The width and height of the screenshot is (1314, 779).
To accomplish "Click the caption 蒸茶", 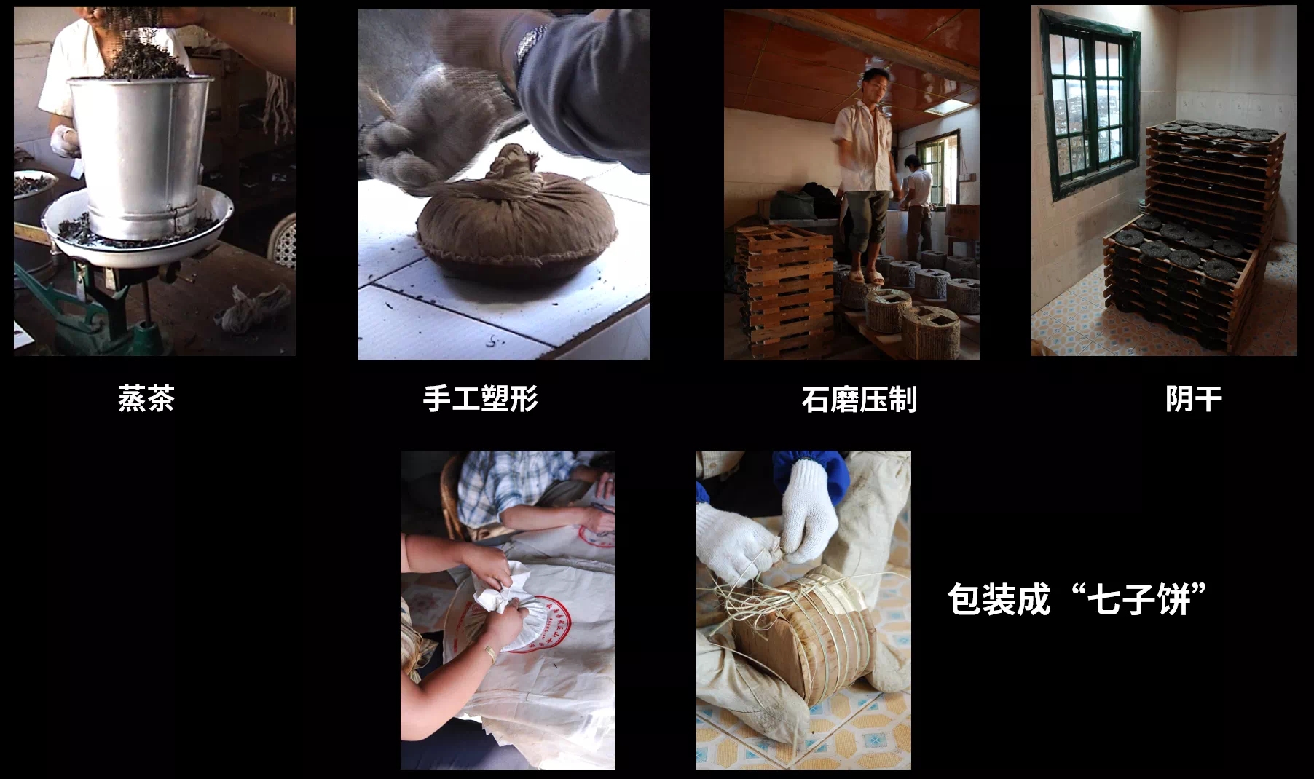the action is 146,399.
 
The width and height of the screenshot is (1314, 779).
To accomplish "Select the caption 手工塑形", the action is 481,399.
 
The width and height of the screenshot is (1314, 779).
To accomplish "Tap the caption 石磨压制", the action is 859,400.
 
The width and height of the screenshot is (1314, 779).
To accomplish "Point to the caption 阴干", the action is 1194,399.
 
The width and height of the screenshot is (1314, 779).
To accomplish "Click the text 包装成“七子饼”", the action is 1078,599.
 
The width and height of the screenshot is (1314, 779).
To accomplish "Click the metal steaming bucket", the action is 140,146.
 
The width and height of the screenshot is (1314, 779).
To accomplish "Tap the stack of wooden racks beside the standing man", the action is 785,291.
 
